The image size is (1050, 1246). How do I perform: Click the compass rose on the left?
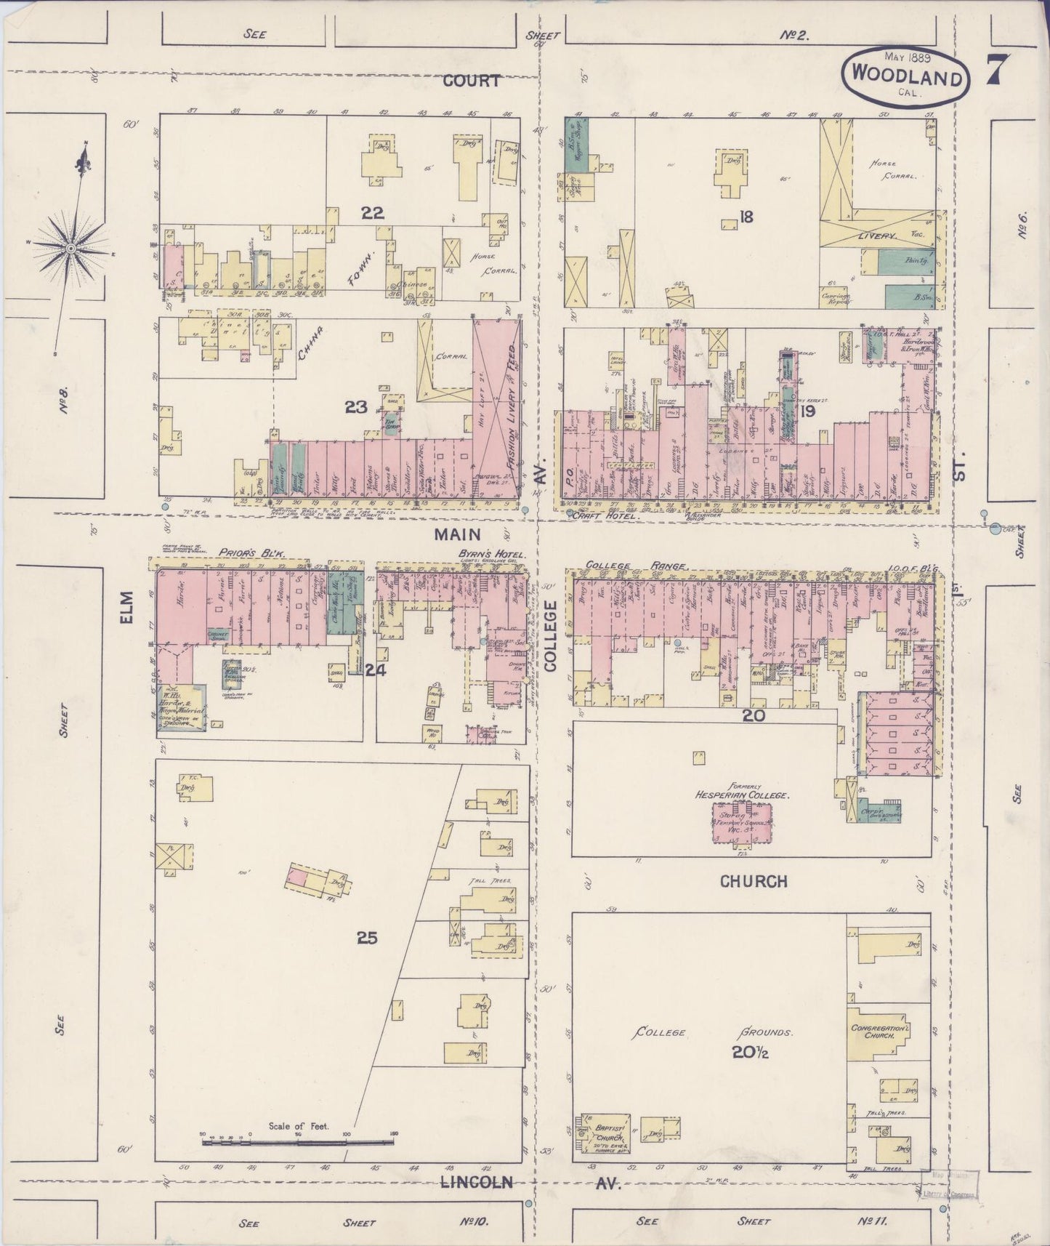tap(71, 249)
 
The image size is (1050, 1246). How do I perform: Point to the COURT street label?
tap(472, 81)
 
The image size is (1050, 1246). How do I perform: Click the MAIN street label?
tap(458, 534)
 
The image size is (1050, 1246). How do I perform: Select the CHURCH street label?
tap(754, 881)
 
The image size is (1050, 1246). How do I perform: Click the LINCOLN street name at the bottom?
tap(476, 1182)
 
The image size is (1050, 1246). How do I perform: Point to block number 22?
tap(373, 213)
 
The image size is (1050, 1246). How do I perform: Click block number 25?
tap(367, 938)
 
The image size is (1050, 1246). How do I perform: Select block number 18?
tap(746, 216)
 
